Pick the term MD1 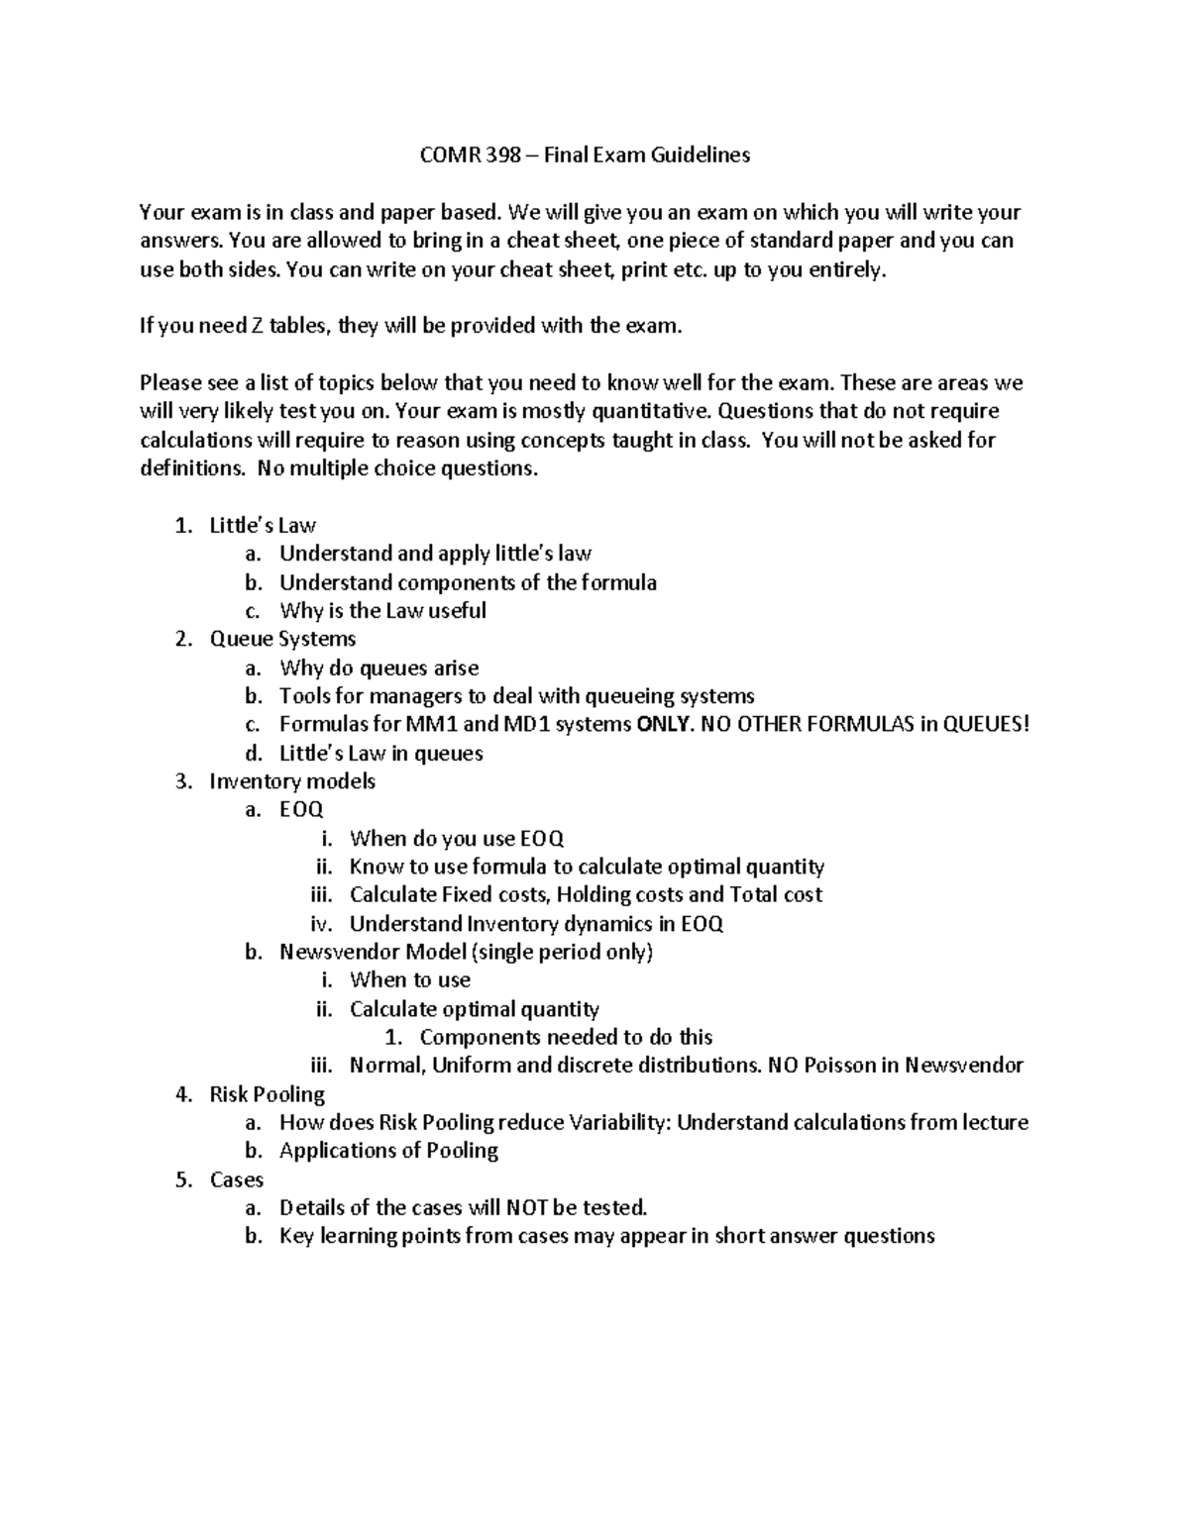(531, 724)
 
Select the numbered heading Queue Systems (282, 639)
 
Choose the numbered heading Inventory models (292, 781)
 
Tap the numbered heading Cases (236, 1179)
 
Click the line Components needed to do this (566, 1037)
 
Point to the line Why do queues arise (378, 667)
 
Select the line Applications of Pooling (388, 1151)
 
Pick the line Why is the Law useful (382, 611)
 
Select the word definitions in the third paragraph (191, 468)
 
